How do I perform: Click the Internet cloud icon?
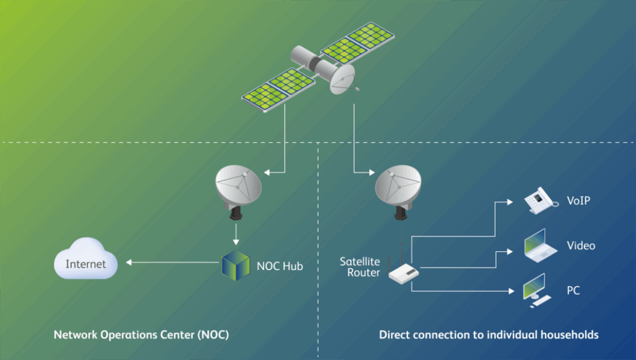pyautogui.click(x=85, y=263)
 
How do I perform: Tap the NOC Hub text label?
pyautogui.click(x=279, y=267)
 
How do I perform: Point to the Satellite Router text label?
pyautogui.click(x=360, y=267)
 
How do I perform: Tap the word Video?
pyautogui.click(x=581, y=246)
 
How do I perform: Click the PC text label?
pyautogui.click(x=573, y=290)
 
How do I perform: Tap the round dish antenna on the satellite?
pyautogui.click(x=342, y=79)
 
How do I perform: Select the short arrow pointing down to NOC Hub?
pyautogui.click(x=237, y=236)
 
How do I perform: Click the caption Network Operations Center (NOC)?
pyautogui.click(x=141, y=335)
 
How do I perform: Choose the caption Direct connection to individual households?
pyautogui.click(x=489, y=335)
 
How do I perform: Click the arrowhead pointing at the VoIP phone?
pyautogui.click(x=510, y=202)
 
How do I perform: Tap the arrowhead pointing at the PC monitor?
pyautogui.click(x=510, y=290)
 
